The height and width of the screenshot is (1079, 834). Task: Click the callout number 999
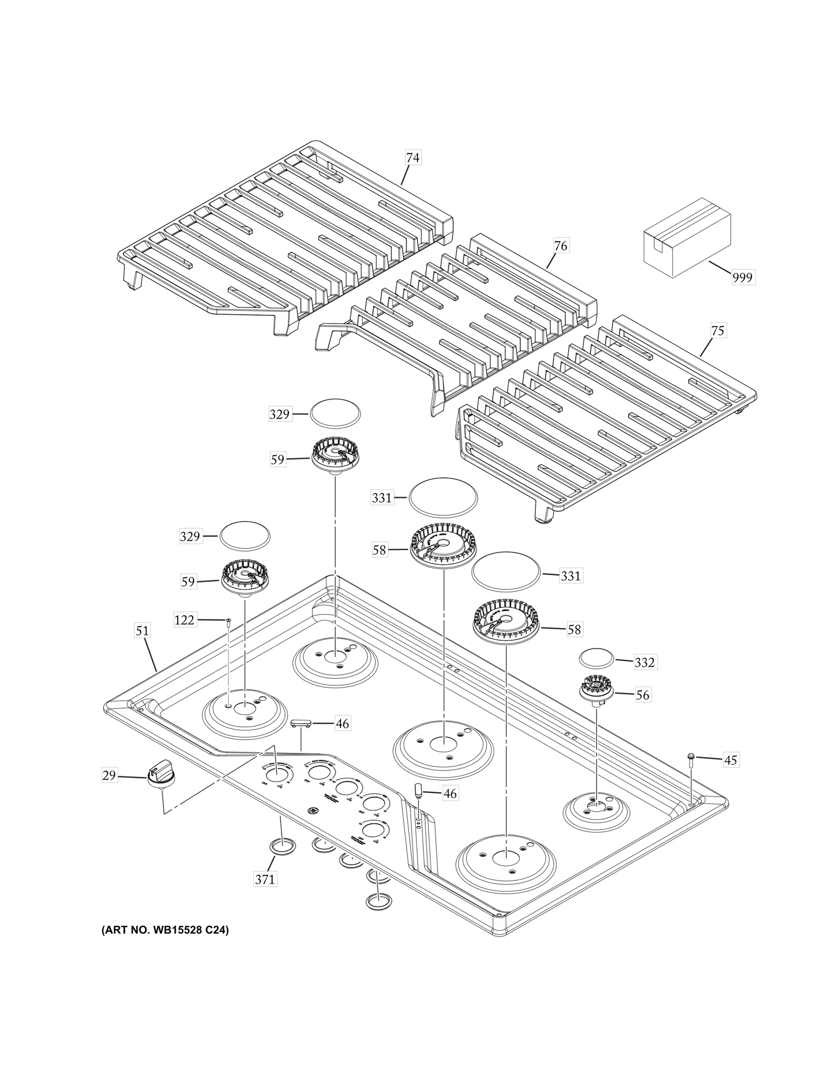pos(742,277)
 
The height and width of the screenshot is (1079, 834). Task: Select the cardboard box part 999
pos(686,237)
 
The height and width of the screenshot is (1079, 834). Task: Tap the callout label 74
pos(412,157)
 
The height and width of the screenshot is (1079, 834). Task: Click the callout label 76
pos(560,245)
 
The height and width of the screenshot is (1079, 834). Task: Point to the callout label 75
pos(717,330)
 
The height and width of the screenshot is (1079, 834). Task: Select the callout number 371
pos(264,879)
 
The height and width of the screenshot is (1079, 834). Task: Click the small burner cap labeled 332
pos(596,658)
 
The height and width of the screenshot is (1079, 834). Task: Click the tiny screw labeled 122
pos(228,620)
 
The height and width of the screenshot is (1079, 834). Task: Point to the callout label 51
pos(142,630)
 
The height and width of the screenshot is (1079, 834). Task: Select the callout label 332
pos(644,662)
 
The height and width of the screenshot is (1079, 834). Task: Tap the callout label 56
pos(643,695)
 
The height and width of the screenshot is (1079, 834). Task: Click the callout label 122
pos(184,620)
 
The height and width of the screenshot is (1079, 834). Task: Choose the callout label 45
pos(730,760)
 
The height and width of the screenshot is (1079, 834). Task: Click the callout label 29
pos(108,776)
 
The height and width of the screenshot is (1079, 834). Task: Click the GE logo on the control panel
pos(313,825)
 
